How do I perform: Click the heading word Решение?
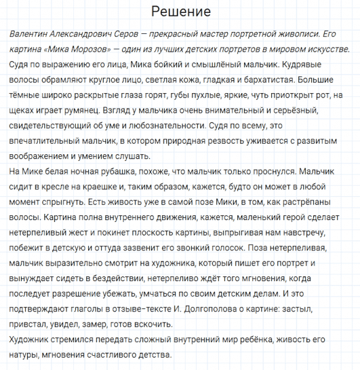tap(181, 12)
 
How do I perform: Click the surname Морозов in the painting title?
tap(84, 50)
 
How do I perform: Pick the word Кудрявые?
tap(321, 65)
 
